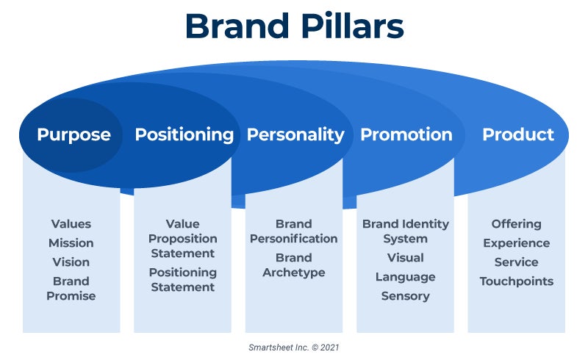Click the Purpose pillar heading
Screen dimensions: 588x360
click(x=74, y=134)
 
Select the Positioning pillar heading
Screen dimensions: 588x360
click(x=184, y=134)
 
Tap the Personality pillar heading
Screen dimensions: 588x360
click(x=295, y=134)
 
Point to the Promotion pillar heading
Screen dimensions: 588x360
click(x=406, y=134)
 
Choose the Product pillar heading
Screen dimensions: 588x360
click(x=518, y=134)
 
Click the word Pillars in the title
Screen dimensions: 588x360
click(x=352, y=26)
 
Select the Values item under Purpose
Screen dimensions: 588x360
click(x=71, y=224)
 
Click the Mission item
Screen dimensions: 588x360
click(x=71, y=243)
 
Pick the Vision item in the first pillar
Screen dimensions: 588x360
click(x=71, y=262)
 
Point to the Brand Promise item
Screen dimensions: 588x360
click(x=71, y=289)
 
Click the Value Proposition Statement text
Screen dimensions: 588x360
click(x=182, y=239)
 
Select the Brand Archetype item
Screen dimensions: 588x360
click(x=294, y=265)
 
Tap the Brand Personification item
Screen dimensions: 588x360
click(x=293, y=231)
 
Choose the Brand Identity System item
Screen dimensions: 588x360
click(x=406, y=231)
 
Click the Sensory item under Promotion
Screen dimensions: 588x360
click(x=406, y=296)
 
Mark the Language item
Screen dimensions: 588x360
click(x=406, y=277)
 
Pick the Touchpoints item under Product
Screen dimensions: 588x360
click(x=517, y=281)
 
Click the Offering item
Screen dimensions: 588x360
click(x=517, y=224)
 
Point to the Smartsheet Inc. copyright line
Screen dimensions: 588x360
click(x=293, y=348)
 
